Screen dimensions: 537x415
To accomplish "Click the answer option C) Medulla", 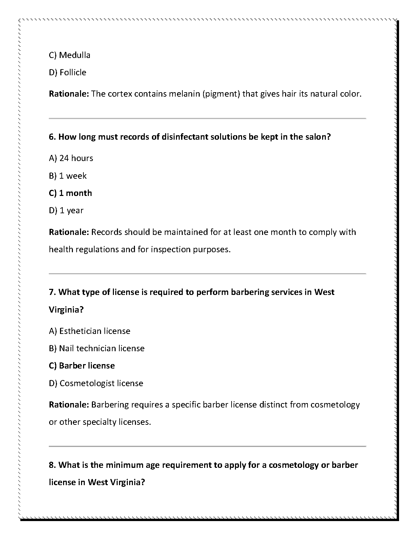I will pyautogui.click(x=70, y=55).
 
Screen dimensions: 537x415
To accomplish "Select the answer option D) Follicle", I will pyautogui.click(x=67, y=72).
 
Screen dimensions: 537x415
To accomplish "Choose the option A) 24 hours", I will pyautogui.click(x=71, y=158).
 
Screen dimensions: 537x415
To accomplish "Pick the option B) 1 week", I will pyautogui.click(x=68, y=176).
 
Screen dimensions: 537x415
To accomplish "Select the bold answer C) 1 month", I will pyautogui.click(x=70, y=193).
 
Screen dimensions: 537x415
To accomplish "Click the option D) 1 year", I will pyautogui.click(x=66, y=210).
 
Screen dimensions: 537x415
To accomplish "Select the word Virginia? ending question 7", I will pyautogui.click(x=66, y=310).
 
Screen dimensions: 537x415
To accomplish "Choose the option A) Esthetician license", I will pyautogui.click(x=90, y=331).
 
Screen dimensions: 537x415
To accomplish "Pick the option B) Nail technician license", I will pyautogui.click(x=97, y=348).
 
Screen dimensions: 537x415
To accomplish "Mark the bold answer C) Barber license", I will pyautogui.click(x=82, y=365).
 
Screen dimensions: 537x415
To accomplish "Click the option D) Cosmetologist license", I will pyautogui.click(x=96, y=383).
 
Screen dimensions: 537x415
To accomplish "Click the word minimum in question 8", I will pyautogui.click(x=124, y=465).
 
